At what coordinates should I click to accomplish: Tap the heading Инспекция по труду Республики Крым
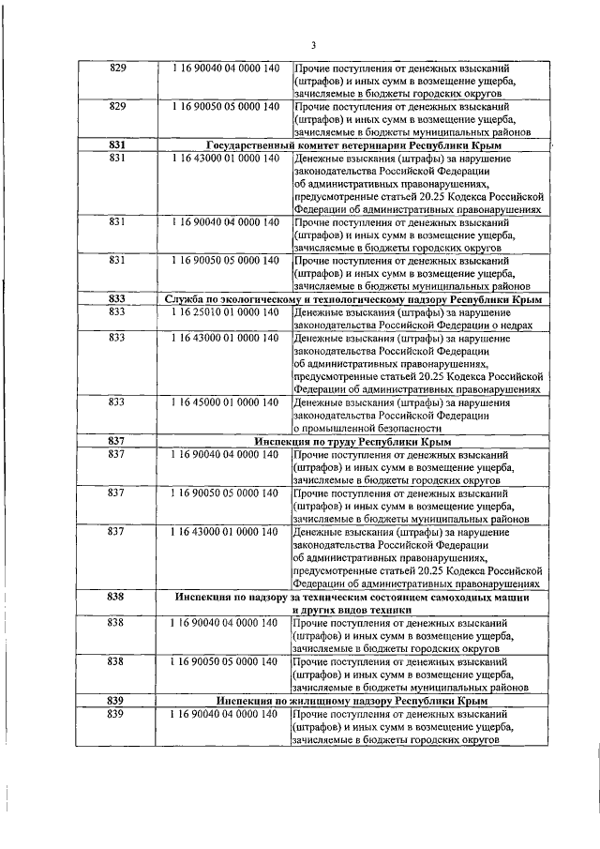coord(352,441)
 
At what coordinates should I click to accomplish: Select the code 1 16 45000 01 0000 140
coord(225,402)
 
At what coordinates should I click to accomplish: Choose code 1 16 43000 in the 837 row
coord(225,532)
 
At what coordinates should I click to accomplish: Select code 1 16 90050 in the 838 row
coord(225,661)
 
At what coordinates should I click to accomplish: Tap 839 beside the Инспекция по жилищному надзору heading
coord(117,701)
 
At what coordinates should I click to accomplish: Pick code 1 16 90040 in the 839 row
coord(225,714)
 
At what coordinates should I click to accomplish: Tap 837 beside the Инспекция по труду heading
coord(117,441)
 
